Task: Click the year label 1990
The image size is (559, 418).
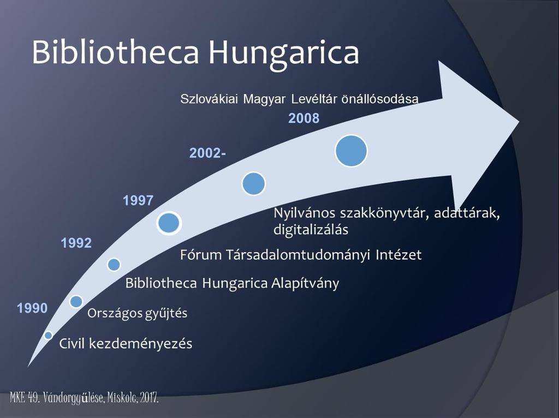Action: coord(32,308)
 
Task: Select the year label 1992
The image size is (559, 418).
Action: coord(76,243)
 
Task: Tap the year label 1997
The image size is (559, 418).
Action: coord(138,201)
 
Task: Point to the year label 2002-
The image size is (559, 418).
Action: coord(207,153)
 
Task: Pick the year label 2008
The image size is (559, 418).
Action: coord(304,118)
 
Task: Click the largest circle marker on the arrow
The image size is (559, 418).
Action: coord(351,151)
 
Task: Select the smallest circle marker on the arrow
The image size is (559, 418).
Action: coord(48,335)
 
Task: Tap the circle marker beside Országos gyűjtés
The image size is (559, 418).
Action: coord(76,301)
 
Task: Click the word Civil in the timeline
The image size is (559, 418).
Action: coord(72,344)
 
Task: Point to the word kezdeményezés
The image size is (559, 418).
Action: coord(140,344)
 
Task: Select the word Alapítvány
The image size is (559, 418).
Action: coord(305,284)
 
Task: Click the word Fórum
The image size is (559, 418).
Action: coord(201,255)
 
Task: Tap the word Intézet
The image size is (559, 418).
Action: coord(399,255)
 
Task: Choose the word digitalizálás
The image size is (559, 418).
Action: coord(311,230)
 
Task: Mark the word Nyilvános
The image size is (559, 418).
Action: coord(305,213)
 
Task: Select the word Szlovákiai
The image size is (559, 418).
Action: coord(209,99)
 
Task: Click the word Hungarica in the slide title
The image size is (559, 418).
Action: coord(284,53)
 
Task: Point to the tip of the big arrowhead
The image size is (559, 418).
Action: coord(519,121)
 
